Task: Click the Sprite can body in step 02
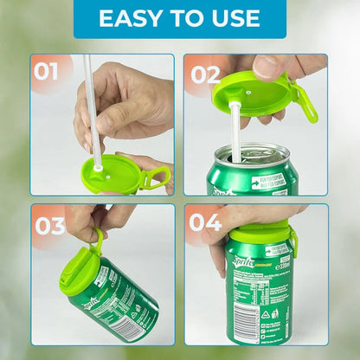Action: pyautogui.click(x=251, y=177)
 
